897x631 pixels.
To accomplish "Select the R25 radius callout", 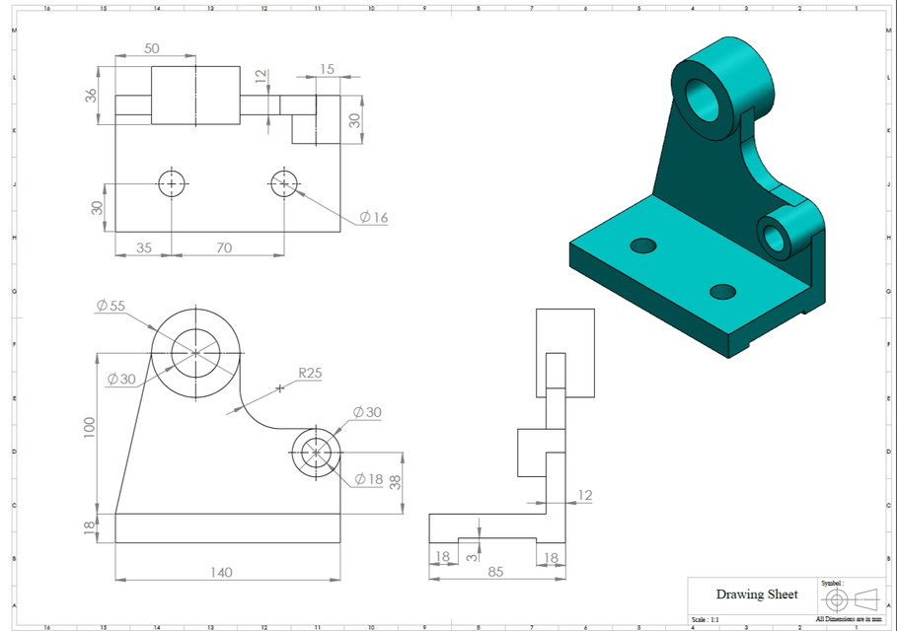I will [x=311, y=374].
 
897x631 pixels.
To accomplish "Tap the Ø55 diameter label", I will [x=111, y=306].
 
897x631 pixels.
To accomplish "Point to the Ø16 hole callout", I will [x=373, y=217].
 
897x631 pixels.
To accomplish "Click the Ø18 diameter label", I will [x=368, y=479].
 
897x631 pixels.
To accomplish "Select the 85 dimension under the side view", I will [x=495, y=570].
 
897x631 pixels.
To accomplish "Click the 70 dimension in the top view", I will [x=224, y=247].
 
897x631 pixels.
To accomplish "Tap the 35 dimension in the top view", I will [x=143, y=247].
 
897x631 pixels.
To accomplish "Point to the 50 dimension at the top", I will [x=153, y=48].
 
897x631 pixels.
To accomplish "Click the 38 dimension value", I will [x=396, y=482].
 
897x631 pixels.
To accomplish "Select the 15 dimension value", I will [x=327, y=69].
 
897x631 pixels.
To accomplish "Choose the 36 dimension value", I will [x=91, y=96].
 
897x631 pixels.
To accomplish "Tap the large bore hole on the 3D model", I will [x=704, y=99].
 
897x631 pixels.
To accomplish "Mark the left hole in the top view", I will [x=172, y=183].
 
